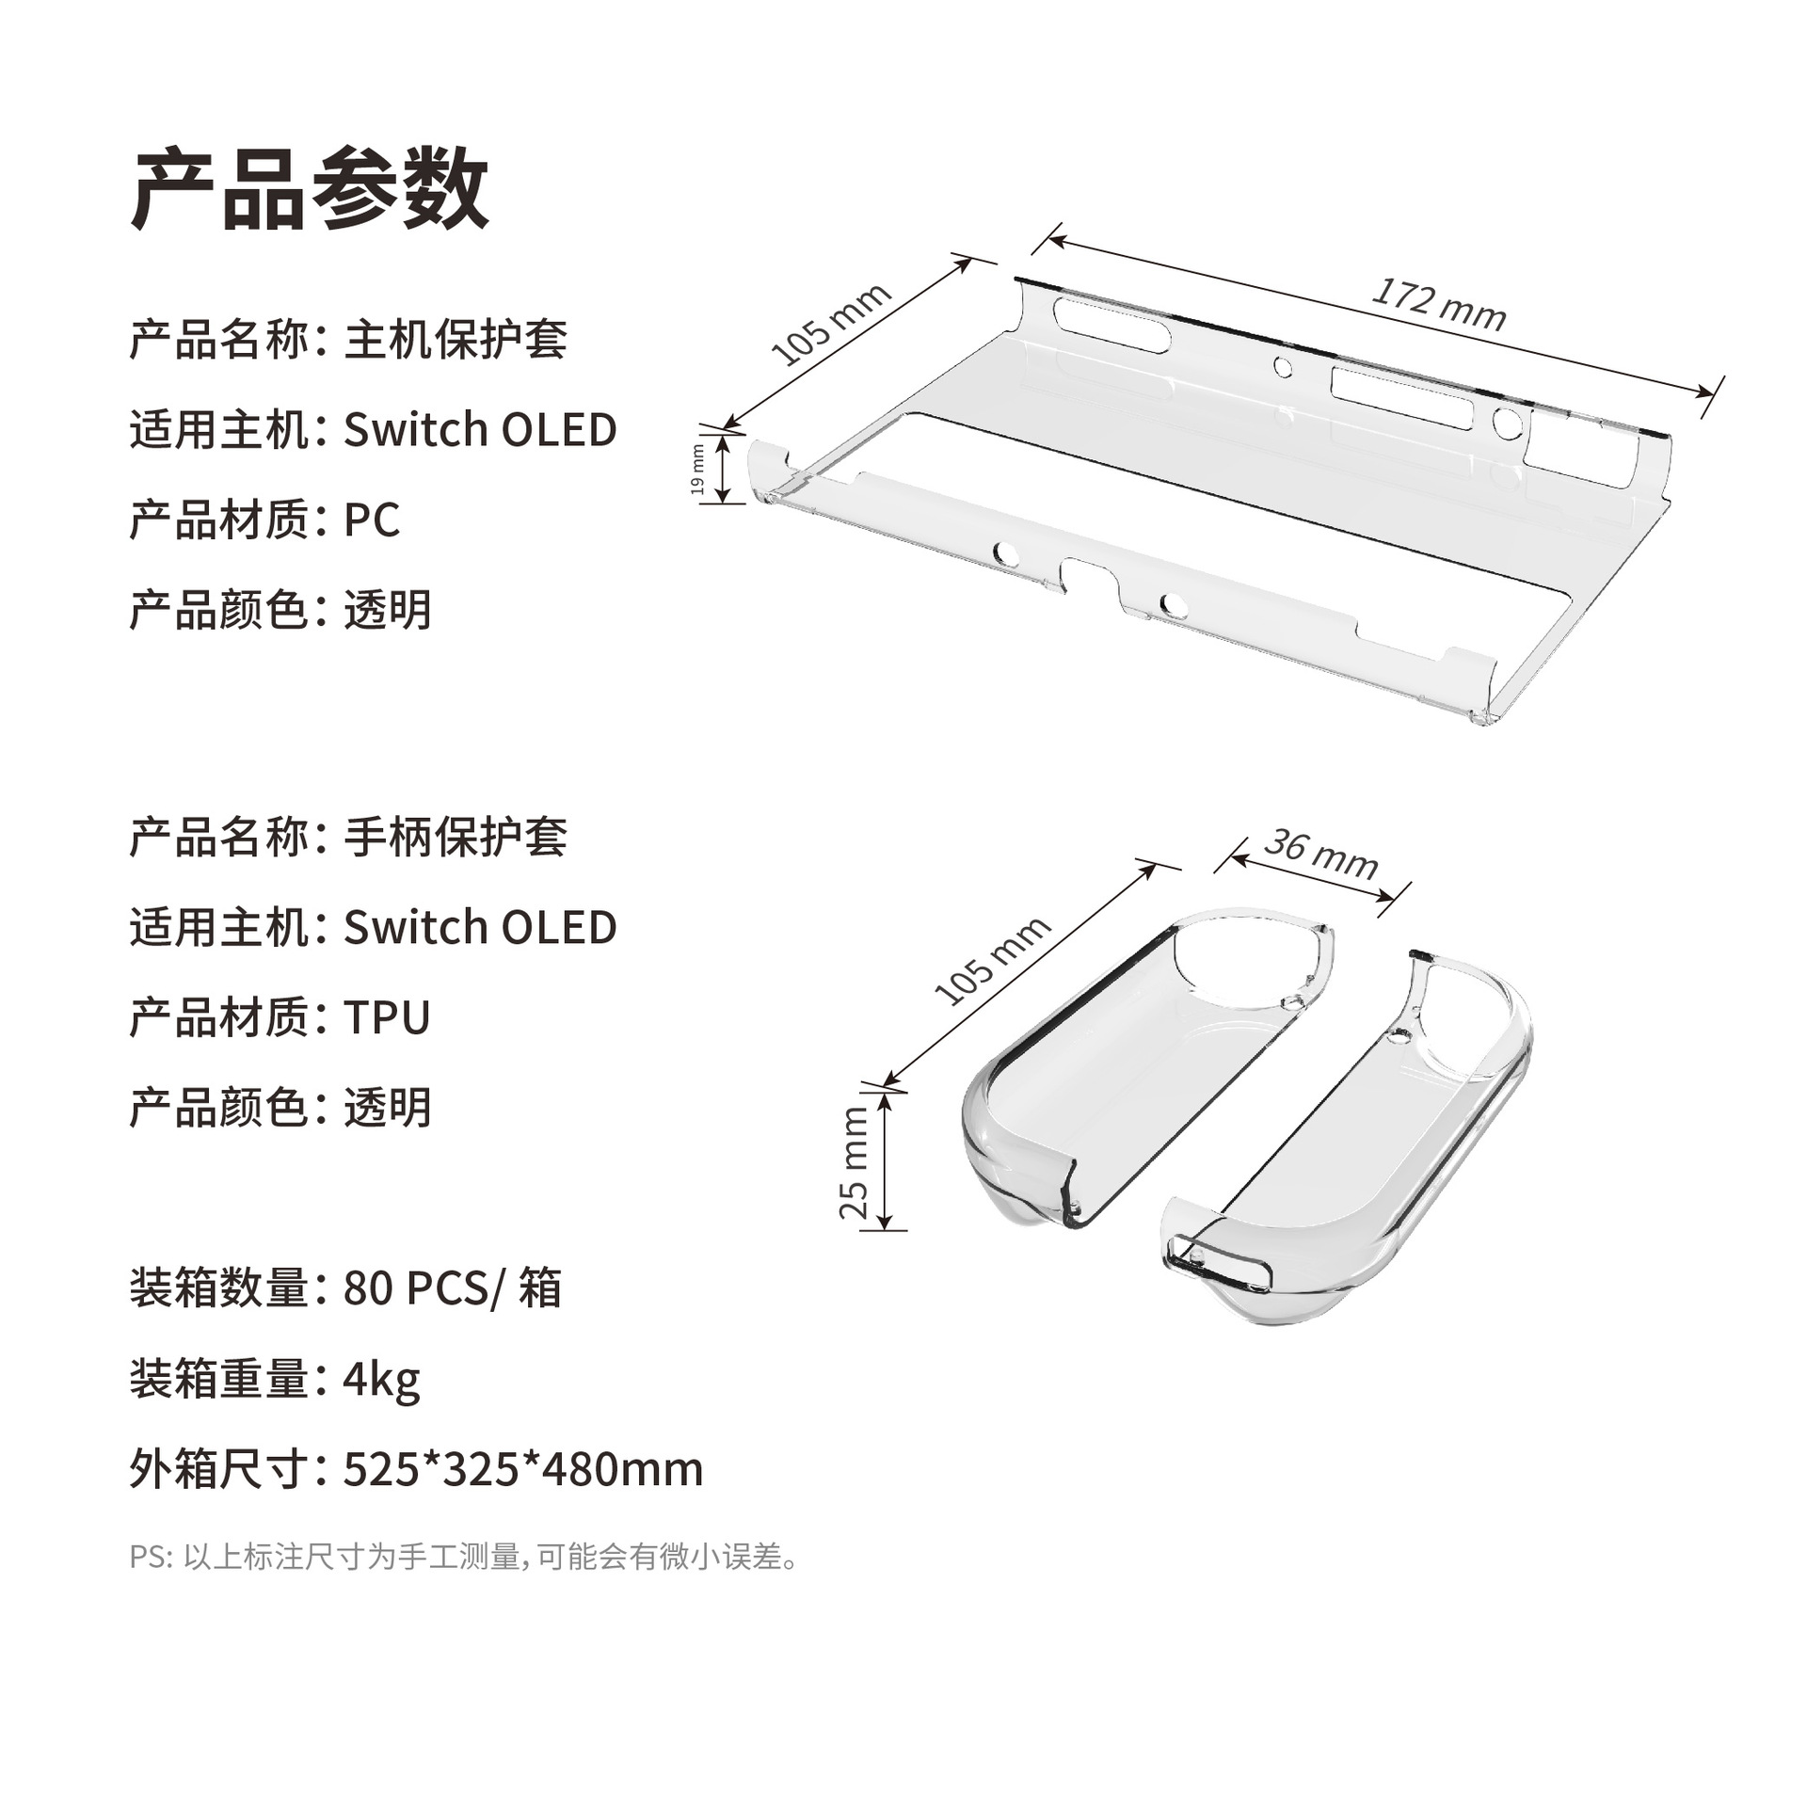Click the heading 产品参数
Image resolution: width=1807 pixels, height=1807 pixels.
click(x=310, y=189)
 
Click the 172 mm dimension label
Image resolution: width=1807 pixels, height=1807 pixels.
click(x=1438, y=303)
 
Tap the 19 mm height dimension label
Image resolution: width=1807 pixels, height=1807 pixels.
click(x=697, y=470)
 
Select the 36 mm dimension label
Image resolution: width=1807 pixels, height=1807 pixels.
click(x=1320, y=854)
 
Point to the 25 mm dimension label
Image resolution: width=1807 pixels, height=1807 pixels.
click(x=854, y=1162)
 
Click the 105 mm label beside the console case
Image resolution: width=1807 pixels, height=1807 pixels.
click(x=830, y=323)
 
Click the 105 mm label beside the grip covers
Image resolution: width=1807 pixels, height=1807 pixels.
click(x=992, y=959)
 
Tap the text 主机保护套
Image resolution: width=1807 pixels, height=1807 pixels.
click(x=456, y=340)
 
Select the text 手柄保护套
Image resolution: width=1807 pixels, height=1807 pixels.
click(x=456, y=837)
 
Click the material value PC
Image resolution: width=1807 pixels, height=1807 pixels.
click(x=372, y=520)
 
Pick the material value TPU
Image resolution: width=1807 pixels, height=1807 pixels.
click(x=387, y=1017)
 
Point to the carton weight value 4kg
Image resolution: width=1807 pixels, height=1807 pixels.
click(x=381, y=1380)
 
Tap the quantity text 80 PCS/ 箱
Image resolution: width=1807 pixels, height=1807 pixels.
click(x=452, y=1288)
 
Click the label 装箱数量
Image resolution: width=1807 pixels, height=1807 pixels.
click(x=219, y=1288)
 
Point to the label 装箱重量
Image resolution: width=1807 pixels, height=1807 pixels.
click(x=219, y=1380)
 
